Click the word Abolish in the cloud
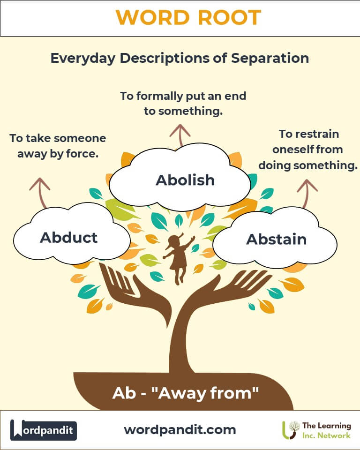coord(185,180)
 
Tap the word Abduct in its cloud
coord(68,237)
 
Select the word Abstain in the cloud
coord(276,239)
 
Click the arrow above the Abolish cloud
coord(180,135)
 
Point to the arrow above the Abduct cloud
coord(40,192)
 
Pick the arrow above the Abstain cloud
coord(306,193)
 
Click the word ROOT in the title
coord(229,17)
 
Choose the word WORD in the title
coord(153,17)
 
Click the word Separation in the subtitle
coord(270,58)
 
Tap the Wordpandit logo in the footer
coord(43,430)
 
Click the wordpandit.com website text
coord(180,430)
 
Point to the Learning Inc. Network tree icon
coord(290,430)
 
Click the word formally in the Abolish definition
coord(160,96)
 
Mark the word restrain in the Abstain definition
coord(317,134)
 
